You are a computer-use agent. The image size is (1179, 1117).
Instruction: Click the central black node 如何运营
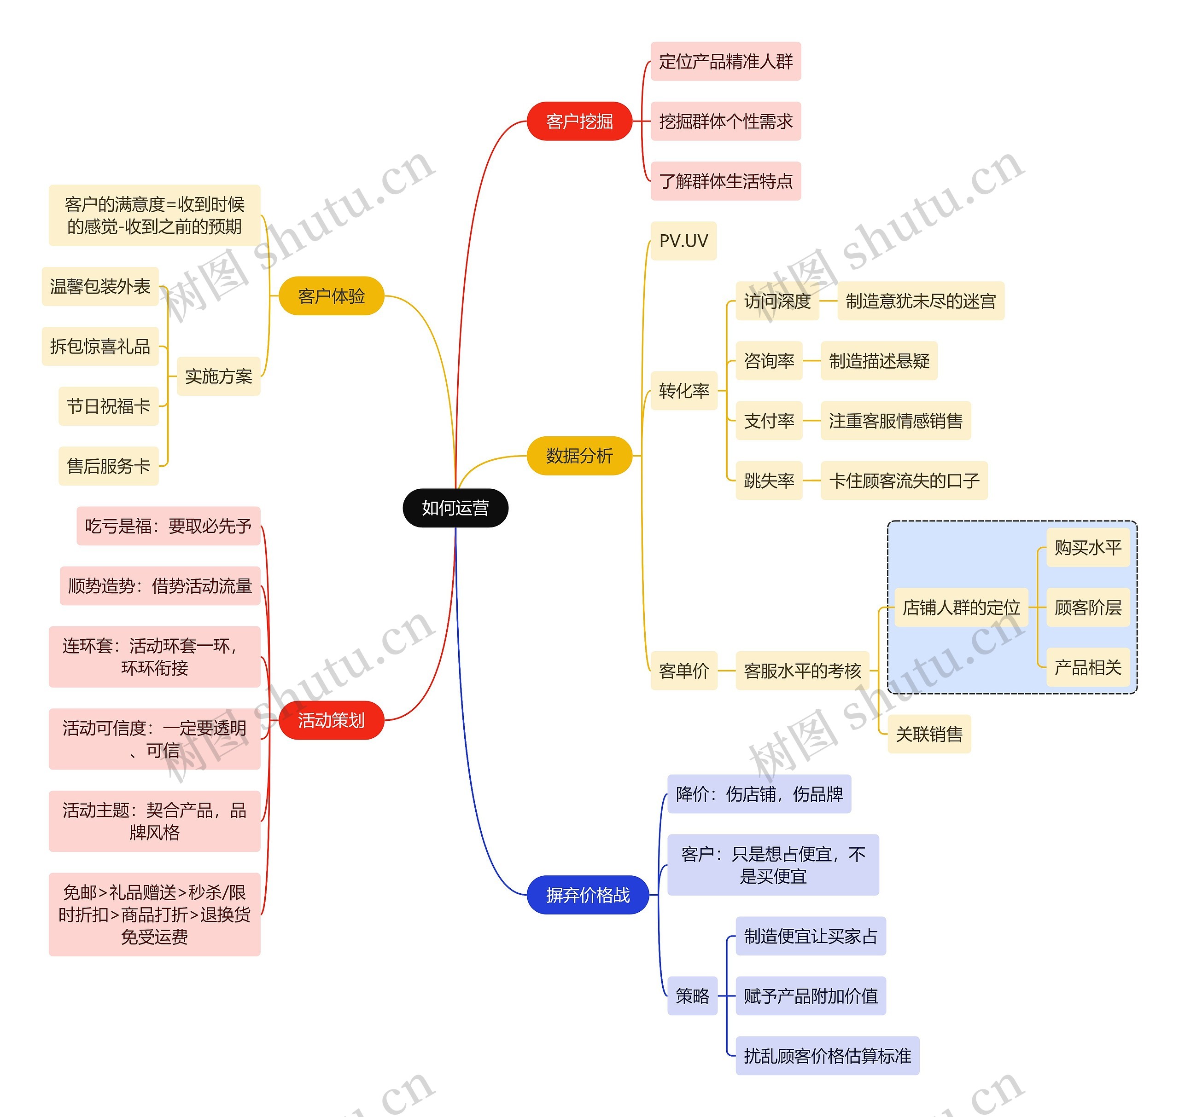[455, 508]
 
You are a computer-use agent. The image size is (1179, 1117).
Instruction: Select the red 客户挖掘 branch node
[579, 122]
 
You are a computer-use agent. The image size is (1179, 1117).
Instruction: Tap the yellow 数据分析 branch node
[579, 456]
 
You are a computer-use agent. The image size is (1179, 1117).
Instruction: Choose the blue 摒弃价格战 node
[587, 895]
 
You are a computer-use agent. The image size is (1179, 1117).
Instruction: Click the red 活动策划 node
[331, 720]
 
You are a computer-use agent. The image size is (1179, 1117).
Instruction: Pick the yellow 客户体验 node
[331, 296]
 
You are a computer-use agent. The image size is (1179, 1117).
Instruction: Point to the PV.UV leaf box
[683, 241]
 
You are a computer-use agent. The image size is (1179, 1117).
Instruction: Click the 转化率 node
[684, 391]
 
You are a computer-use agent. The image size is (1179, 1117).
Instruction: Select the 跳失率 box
[769, 480]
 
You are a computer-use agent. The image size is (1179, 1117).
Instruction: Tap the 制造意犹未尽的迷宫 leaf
[921, 301]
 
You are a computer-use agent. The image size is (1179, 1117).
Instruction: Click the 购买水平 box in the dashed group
[1088, 548]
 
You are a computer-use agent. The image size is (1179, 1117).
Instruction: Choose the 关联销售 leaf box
[929, 734]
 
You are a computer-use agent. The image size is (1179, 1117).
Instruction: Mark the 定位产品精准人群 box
[726, 61]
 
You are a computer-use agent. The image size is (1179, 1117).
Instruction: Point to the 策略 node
[692, 996]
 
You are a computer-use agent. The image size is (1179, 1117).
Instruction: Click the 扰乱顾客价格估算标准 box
[827, 1056]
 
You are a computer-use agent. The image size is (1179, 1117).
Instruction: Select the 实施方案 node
[219, 376]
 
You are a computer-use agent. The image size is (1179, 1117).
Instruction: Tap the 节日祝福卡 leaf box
[108, 406]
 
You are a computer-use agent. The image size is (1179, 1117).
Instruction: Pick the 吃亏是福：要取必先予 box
[168, 526]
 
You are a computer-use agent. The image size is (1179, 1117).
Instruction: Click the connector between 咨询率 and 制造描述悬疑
[811, 361]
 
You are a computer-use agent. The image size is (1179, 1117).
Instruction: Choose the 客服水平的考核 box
[802, 671]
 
